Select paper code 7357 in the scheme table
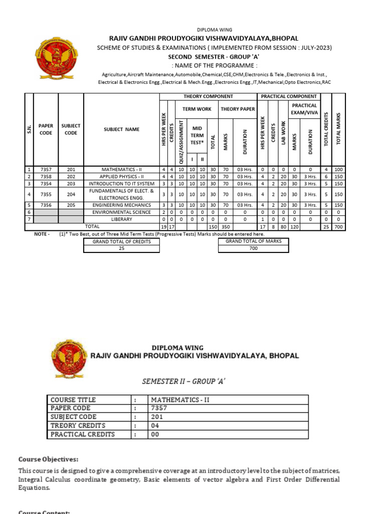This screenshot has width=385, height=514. tap(46, 171)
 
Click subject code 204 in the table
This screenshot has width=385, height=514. tap(71, 194)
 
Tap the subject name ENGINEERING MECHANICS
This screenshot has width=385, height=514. tap(121, 205)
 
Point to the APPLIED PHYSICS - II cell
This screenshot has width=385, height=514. tap(121, 177)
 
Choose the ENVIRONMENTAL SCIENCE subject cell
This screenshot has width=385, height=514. tap(121, 212)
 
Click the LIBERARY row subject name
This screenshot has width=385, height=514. tap(121, 219)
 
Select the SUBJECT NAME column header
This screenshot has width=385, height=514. tap(121, 130)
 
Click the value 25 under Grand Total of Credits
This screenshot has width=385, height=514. tap(121, 248)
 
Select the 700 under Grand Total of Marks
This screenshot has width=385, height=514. tap(254, 248)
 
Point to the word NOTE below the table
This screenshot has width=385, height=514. tap(41, 234)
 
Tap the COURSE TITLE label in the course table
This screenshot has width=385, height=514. tap(73, 400)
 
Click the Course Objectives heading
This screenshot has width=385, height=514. tap(49, 459)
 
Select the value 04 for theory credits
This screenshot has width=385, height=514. tap(155, 426)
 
